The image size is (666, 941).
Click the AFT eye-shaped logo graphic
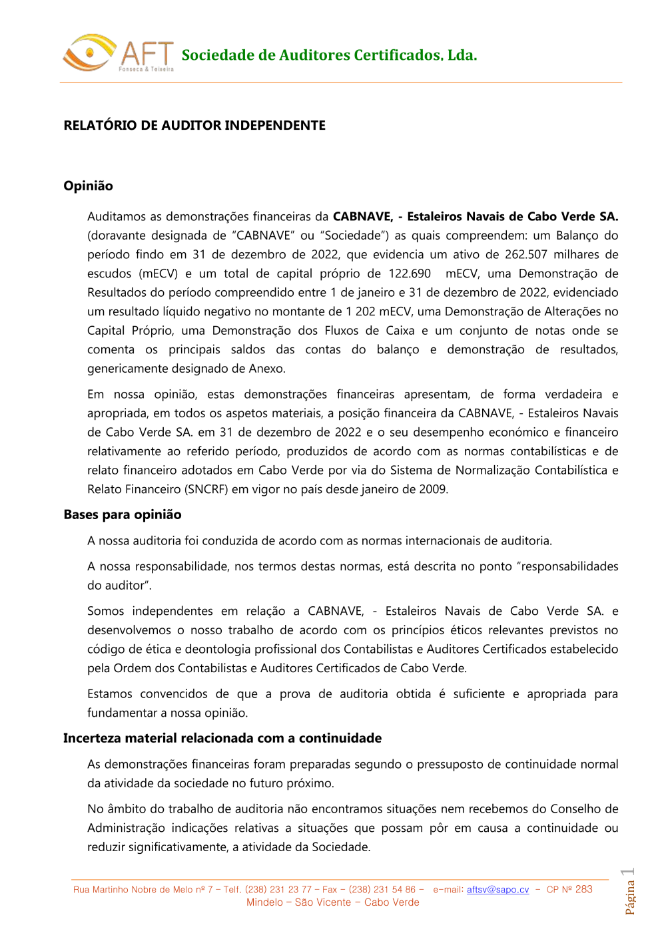(x=88, y=53)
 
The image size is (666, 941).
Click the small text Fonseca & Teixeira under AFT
(x=146, y=69)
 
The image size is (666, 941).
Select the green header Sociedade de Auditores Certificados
(x=329, y=55)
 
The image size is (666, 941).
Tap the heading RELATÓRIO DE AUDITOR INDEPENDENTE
(x=194, y=126)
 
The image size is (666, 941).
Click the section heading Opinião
(x=88, y=186)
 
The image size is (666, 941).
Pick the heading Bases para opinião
(x=123, y=514)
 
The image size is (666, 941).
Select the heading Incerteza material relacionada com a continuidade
(x=222, y=738)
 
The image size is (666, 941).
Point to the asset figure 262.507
(x=525, y=255)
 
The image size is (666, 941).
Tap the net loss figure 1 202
(x=361, y=311)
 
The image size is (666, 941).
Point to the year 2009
(x=433, y=489)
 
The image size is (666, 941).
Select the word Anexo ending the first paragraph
(x=266, y=369)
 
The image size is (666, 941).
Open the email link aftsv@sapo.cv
(x=498, y=890)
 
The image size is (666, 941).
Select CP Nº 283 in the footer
(x=569, y=890)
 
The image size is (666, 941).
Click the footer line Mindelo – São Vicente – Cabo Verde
(x=333, y=903)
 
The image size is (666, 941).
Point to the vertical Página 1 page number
(x=629, y=892)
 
